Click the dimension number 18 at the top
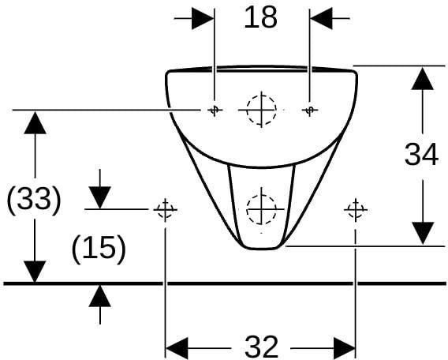pyautogui.click(x=260, y=17)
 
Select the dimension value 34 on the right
pyautogui.click(x=421, y=155)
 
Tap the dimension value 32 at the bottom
pyautogui.click(x=261, y=347)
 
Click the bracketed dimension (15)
pyautogui.click(x=99, y=249)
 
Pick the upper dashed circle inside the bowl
pyautogui.click(x=261, y=110)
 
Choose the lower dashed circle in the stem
pyautogui.click(x=261, y=209)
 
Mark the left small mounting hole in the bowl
pyautogui.click(x=215, y=110)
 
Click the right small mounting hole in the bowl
pyautogui.click(x=309, y=110)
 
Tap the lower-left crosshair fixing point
pyautogui.click(x=165, y=209)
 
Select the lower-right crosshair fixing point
pyautogui.click(x=356, y=209)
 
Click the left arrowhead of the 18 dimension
pyautogui.click(x=203, y=18)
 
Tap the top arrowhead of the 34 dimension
pyautogui.click(x=423, y=78)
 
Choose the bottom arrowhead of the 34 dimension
pyautogui.click(x=423, y=234)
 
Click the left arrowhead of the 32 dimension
pyautogui.click(x=177, y=348)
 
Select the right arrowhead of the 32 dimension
pyautogui.click(x=345, y=348)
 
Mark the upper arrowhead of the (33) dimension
pyautogui.click(x=35, y=122)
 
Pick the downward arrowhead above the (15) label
pyautogui.click(x=99, y=197)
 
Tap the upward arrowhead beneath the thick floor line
pyautogui.click(x=99, y=296)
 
